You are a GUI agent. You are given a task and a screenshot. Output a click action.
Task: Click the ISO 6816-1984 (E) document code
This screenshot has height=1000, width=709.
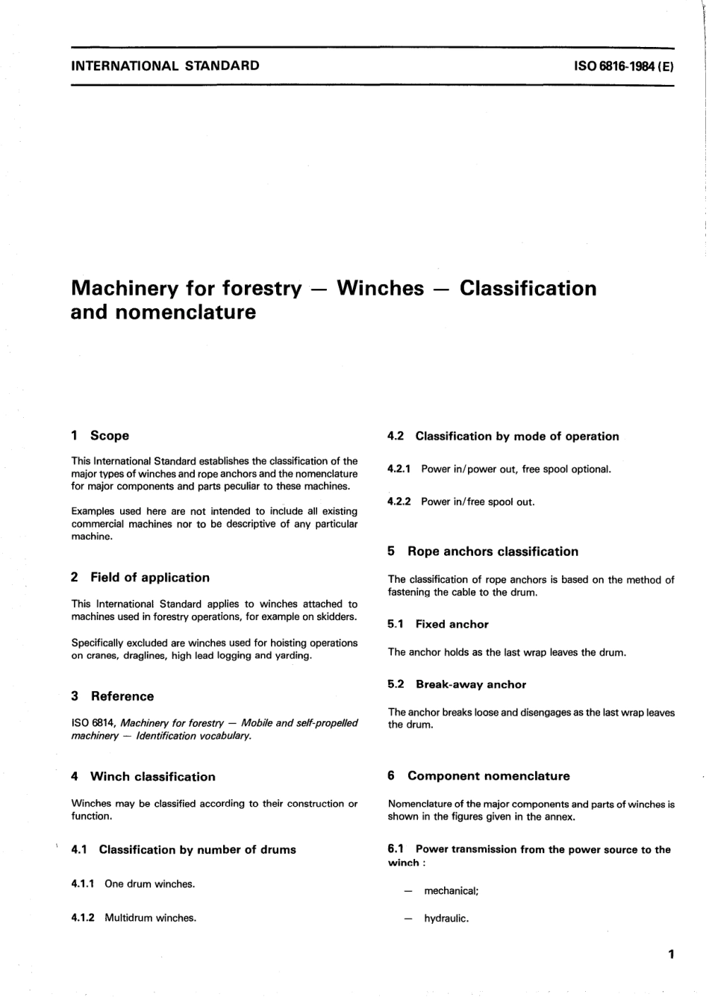[x=624, y=66]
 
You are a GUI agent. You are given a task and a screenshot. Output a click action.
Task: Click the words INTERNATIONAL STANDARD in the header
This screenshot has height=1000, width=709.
[x=165, y=66]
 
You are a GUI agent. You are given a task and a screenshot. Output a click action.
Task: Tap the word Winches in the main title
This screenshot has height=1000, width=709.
[x=381, y=289]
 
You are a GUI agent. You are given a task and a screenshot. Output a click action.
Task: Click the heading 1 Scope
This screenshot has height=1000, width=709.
[x=100, y=436]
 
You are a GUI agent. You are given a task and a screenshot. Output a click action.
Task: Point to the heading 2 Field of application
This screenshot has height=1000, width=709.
[x=140, y=578]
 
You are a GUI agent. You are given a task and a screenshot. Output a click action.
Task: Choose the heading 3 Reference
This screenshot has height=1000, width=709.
[x=113, y=696]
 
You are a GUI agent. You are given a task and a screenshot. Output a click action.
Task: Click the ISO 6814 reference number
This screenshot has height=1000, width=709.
[x=93, y=723]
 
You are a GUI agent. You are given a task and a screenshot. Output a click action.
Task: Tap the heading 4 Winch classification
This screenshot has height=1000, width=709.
[x=143, y=777]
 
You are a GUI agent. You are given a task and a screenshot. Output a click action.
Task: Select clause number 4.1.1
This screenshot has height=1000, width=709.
[x=82, y=884]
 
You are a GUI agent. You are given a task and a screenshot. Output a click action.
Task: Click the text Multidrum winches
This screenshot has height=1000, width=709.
[x=150, y=918]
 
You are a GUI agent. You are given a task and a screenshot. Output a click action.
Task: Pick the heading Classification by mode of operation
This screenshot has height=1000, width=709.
[x=516, y=437]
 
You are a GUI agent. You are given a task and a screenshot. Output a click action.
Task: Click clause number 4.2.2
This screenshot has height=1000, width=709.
[x=399, y=502]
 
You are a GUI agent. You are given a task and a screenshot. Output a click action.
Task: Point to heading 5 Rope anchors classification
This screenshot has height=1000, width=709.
[x=483, y=552]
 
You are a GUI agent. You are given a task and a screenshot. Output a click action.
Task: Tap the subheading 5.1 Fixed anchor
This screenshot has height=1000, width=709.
[x=438, y=625]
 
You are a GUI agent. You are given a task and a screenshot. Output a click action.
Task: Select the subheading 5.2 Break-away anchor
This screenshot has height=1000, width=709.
[x=457, y=685]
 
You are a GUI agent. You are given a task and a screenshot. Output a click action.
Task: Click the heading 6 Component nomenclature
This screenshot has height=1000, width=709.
[x=478, y=776]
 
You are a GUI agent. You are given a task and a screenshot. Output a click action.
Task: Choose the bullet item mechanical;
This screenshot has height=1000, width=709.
[x=451, y=891]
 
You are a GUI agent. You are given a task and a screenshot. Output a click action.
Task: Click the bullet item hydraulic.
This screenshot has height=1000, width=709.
[x=446, y=919]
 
